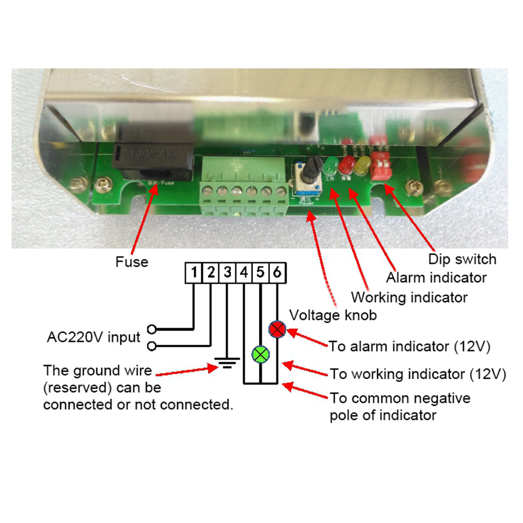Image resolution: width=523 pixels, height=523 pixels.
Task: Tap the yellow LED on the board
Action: pyautogui.click(x=362, y=166)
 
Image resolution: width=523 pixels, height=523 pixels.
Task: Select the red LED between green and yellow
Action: pyautogui.click(x=346, y=166)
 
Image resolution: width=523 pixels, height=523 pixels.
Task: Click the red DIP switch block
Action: pyautogui.click(x=380, y=166)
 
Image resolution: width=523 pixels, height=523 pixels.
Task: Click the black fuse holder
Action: pyautogui.click(x=152, y=160)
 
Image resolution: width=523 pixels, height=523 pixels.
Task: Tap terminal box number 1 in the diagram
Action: pyautogui.click(x=194, y=272)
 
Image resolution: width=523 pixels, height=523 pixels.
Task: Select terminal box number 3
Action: pyautogui.click(x=228, y=272)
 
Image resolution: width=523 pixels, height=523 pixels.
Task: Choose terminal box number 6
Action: pyautogui.click(x=277, y=272)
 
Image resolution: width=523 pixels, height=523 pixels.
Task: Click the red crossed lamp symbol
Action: pyautogui.click(x=277, y=329)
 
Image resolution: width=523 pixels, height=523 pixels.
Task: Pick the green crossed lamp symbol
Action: pyautogui.click(x=260, y=354)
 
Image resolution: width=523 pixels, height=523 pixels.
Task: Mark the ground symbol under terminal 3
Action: pyautogui.click(x=227, y=362)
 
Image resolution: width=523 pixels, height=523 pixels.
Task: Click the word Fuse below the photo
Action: pyautogui.click(x=132, y=261)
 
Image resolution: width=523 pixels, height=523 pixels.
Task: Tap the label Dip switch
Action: pyautogui.click(x=462, y=259)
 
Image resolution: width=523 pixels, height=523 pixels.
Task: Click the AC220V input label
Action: pyautogui.click(x=94, y=337)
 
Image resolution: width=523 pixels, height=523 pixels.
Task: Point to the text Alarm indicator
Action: pyautogui.click(x=436, y=277)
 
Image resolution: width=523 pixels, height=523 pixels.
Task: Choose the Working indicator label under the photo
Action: pyautogui.click(x=409, y=298)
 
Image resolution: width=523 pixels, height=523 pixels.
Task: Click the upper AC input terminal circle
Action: pyautogui.click(x=152, y=329)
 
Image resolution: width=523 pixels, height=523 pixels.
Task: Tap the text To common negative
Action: pyautogui.click(x=400, y=399)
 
